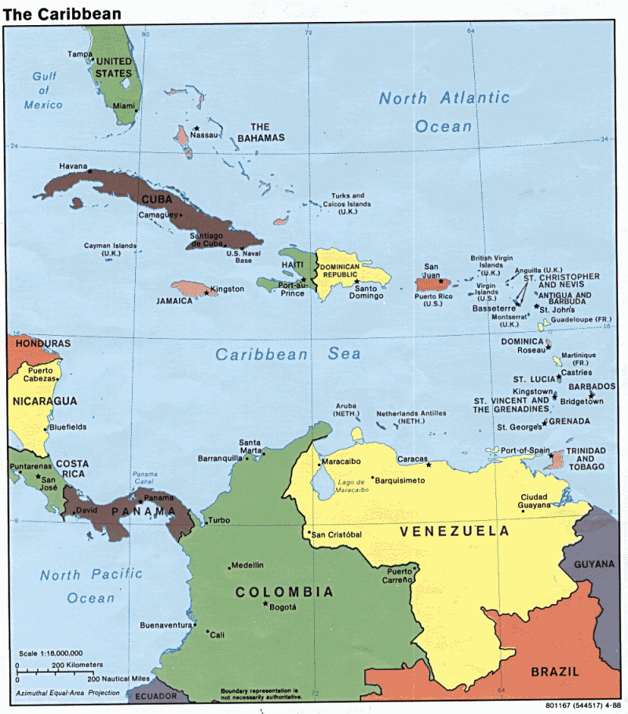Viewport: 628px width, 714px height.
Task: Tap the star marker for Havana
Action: coord(89,171)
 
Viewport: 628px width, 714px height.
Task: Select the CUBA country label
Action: coord(156,199)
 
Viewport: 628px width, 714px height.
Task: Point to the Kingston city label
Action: coord(228,289)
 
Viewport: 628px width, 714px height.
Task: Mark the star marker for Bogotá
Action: coord(266,603)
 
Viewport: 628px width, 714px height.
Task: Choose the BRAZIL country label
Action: coord(554,672)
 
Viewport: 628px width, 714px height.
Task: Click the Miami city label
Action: coord(123,105)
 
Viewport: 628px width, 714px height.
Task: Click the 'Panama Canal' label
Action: coord(144,479)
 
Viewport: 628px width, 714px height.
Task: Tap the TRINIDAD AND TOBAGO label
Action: coord(586,461)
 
